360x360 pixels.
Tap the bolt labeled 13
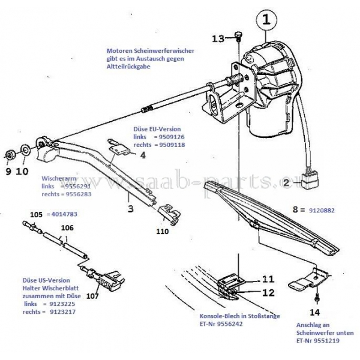[x=238, y=37]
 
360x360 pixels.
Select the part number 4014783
[x=62, y=214]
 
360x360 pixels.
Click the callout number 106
[x=68, y=227]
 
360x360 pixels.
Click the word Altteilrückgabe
[x=128, y=67]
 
